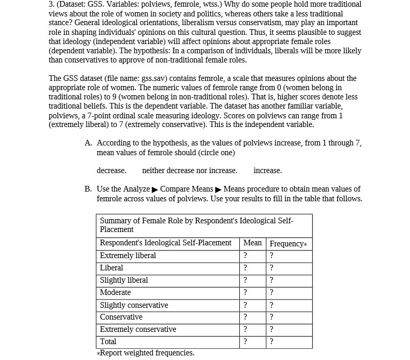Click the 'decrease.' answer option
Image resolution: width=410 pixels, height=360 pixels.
111,171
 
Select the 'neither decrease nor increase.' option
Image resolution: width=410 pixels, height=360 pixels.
190,171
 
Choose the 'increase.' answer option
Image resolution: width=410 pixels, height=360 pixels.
268,171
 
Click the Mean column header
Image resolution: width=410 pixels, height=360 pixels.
252,243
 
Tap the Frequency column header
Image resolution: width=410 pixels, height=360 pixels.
288,243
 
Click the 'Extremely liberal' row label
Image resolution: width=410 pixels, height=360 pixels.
128,256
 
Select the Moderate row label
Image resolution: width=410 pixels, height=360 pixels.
115,292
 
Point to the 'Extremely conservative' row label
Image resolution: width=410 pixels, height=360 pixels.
138,329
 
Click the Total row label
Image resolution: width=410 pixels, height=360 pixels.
108,342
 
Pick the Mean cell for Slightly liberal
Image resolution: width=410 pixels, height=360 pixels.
245,280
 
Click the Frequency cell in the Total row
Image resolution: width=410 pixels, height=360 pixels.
272,342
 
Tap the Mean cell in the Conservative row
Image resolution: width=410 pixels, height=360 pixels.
245,317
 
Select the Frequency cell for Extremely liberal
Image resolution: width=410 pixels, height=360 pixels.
272,256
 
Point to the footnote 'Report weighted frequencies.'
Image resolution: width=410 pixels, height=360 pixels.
146,353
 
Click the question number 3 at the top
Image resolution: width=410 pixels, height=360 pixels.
51,4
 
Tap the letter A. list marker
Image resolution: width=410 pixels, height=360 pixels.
89,143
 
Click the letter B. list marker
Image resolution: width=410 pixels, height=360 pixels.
89,189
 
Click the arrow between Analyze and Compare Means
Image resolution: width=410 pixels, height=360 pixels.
155,190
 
